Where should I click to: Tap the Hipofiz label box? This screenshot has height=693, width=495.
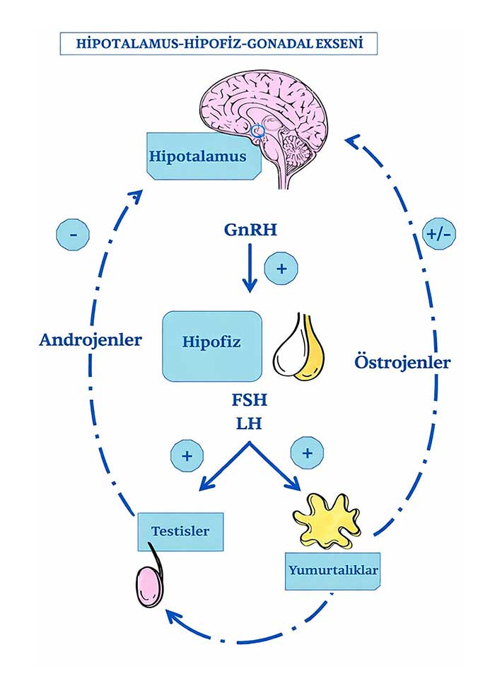(x=212, y=344)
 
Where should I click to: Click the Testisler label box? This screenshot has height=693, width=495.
(x=180, y=530)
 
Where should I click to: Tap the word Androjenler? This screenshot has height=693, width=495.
(x=91, y=339)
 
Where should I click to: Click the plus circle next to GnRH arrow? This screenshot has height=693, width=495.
(x=281, y=269)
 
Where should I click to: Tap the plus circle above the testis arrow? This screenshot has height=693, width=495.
(x=187, y=455)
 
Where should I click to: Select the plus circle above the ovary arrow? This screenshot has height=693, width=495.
(x=306, y=453)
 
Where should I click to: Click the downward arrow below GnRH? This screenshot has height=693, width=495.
(x=249, y=269)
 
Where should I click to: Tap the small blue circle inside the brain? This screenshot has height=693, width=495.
(x=259, y=129)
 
